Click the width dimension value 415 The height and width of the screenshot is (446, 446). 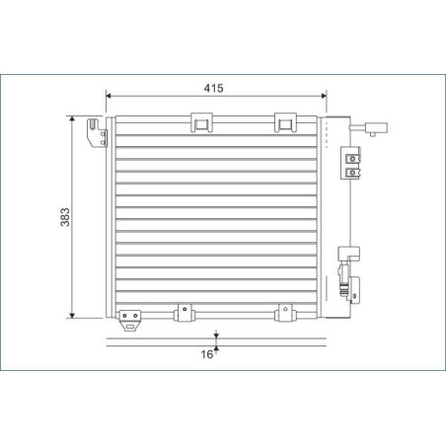215,88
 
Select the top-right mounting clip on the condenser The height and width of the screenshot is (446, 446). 286,122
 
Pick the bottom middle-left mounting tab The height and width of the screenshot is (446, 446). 183,314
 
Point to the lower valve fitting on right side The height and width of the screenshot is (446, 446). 344,271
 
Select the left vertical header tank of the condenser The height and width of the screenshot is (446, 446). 111,216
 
